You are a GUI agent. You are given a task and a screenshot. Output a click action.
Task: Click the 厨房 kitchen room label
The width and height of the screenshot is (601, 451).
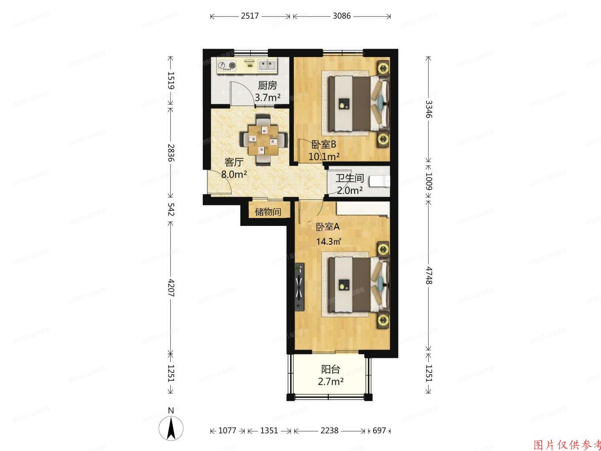click(268, 86)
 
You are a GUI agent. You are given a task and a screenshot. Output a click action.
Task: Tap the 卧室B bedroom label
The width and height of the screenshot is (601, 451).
click(324, 144)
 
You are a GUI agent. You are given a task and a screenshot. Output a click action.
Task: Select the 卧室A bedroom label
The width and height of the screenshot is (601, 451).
click(328, 227)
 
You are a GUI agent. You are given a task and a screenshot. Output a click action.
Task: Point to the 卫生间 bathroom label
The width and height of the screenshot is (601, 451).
click(350, 178)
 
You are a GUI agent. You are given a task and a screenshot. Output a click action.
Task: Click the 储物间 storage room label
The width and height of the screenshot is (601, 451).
click(268, 212)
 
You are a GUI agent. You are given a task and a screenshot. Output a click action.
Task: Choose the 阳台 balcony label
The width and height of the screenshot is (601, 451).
click(331, 369)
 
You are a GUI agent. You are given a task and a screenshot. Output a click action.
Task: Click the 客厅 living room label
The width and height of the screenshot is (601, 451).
click(234, 162)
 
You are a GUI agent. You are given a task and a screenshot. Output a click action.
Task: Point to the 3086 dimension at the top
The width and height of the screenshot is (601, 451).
click(342, 16)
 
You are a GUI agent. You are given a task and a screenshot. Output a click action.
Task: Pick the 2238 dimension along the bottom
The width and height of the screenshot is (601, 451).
click(330, 430)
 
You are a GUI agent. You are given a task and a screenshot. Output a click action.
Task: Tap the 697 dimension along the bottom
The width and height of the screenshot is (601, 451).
click(379, 430)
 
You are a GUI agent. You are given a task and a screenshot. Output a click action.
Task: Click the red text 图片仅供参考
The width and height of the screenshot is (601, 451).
click(567, 444)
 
